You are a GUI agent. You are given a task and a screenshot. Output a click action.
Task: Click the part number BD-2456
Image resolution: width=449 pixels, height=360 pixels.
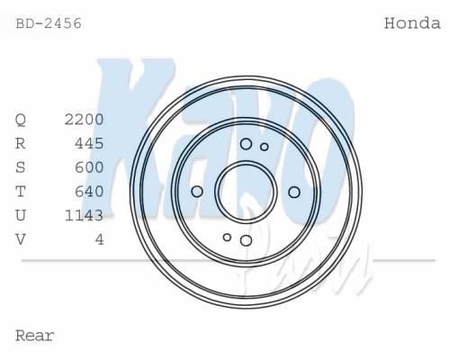[x=49, y=23]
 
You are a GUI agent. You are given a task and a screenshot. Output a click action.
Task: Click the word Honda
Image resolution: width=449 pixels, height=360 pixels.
[x=412, y=23]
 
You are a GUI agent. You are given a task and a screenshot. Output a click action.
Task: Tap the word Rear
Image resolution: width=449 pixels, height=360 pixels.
[x=35, y=336]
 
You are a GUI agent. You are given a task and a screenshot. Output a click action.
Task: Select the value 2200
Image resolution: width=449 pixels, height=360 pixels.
[x=85, y=120]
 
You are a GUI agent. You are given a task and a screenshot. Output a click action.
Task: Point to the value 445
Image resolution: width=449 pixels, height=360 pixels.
[x=89, y=143]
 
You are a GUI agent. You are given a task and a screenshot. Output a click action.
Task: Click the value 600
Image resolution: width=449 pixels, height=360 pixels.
[x=89, y=167]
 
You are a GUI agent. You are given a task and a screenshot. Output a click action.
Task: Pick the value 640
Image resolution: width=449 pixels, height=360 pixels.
[x=89, y=192]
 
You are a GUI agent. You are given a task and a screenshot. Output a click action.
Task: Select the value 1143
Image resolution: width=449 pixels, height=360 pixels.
[x=85, y=215]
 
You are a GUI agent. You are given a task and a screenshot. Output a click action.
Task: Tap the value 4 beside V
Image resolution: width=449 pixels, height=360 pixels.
[x=100, y=239]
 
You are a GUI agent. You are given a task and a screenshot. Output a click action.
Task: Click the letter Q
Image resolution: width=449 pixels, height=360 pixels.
[x=21, y=120]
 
